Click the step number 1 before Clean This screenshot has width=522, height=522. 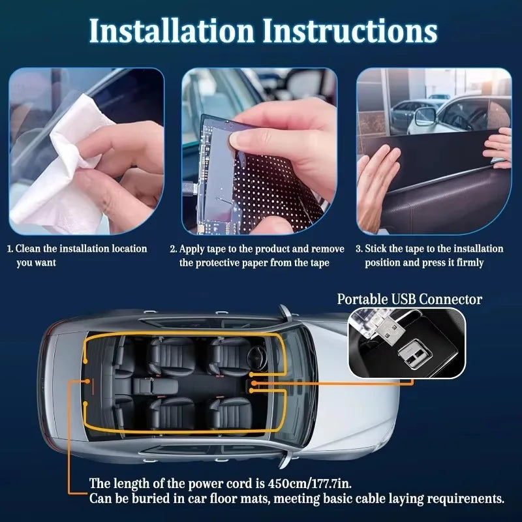pos(10,249)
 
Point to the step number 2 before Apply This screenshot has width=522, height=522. pos(173,249)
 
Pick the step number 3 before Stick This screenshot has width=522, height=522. pos(359,249)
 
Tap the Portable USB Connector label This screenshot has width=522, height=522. pos(409,299)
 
